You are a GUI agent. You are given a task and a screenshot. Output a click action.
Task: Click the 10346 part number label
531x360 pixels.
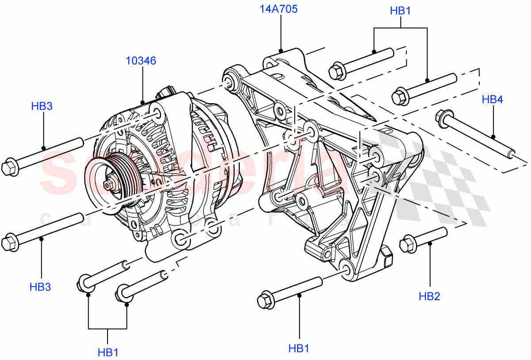click(141, 61)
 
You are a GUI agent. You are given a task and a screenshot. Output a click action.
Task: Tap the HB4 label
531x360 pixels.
click(492, 101)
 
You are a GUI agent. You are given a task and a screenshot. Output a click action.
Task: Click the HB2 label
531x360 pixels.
click(429, 296)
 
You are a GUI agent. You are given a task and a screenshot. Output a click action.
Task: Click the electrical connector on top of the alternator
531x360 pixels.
click(165, 93)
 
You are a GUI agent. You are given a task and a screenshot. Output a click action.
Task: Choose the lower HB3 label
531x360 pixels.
click(40, 287)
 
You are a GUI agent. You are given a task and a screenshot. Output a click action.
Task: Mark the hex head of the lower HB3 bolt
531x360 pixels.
click(10, 243)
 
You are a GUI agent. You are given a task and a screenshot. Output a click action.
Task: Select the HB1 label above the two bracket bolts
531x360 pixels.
click(400, 11)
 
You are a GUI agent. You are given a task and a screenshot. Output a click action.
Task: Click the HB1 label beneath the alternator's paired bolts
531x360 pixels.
click(108, 352)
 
